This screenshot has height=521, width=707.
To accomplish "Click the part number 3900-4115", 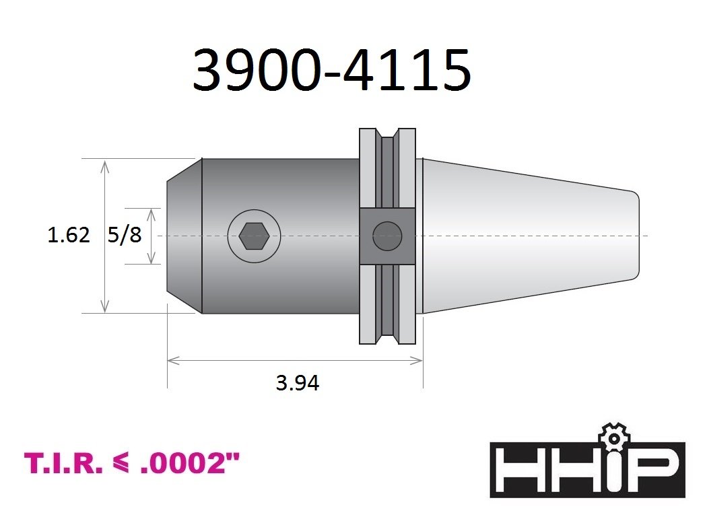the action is point(332,70).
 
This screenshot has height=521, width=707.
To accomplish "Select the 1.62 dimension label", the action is point(69,235).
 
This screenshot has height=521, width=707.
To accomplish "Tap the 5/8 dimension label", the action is point(125,235).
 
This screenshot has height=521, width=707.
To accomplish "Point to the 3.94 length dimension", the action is point(298,383).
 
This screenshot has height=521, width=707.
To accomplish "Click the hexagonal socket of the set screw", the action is point(255,236).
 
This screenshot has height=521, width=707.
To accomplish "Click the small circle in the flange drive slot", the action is point(387,236).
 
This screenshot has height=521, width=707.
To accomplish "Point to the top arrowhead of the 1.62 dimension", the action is point(104,166).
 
